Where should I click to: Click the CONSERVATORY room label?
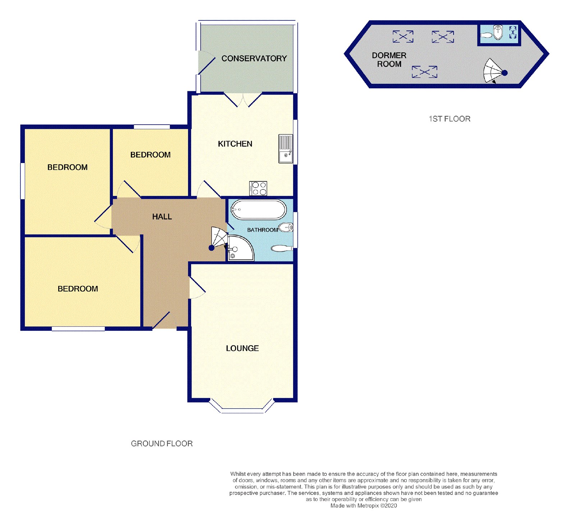[254, 59]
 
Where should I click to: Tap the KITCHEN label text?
[235, 144]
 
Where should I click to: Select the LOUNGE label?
[243, 348]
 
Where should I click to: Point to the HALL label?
[162, 217]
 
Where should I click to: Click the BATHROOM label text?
[262, 230]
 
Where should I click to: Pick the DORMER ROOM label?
[389, 60]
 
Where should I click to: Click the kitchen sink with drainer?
[286, 149]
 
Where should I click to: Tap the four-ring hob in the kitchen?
[258, 189]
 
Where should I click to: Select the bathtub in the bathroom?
[258, 209]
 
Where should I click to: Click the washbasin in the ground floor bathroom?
[287, 227]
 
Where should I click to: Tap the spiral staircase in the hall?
[219, 238]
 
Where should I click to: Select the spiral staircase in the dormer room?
[494, 71]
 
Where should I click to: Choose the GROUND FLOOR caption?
[162, 444]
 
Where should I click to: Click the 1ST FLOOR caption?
[450, 119]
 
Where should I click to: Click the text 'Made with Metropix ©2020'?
[364, 506]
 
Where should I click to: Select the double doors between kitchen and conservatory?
[243, 100]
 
